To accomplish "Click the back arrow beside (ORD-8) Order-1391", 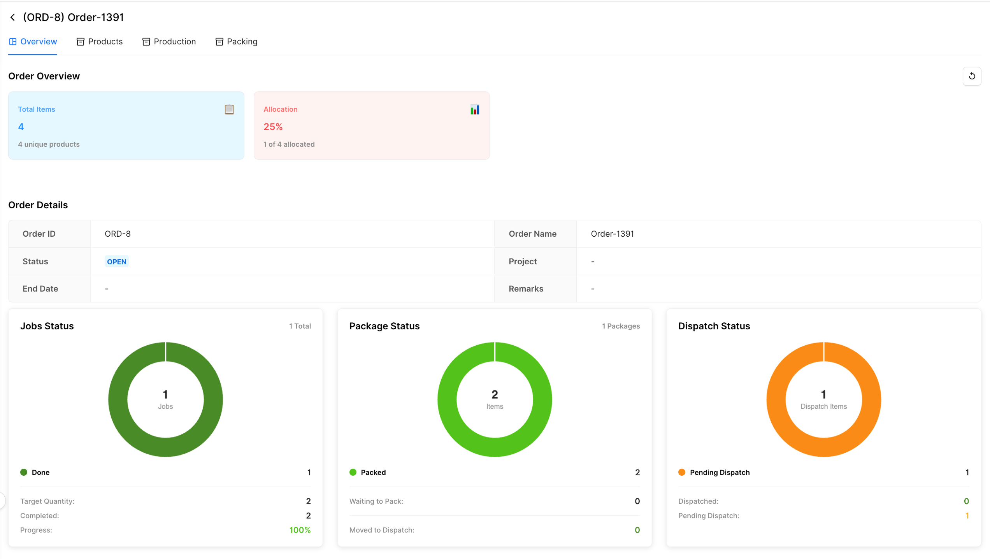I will [13, 17].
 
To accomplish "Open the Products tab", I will [100, 42].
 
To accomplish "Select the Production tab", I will [169, 42].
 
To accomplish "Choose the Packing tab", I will [237, 42].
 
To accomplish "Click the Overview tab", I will [33, 42].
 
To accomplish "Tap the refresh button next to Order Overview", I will [972, 76].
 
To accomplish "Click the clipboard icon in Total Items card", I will [229, 109].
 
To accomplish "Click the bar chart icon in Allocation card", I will [475, 109].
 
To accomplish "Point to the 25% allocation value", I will [273, 127].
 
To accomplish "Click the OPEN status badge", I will [117, 262].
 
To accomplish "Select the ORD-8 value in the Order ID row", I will [118, 234].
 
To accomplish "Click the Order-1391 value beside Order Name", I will [612, 234].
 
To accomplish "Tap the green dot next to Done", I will [24, 472].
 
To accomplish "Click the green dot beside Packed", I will [353, 472].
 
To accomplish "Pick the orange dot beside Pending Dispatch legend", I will [682, 472].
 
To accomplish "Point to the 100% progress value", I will [300, 530].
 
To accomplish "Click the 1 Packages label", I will [621, 326].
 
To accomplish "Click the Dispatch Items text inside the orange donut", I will [823, 406].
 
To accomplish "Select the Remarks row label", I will [526, 289].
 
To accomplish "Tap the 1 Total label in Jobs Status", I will [300, 326].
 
